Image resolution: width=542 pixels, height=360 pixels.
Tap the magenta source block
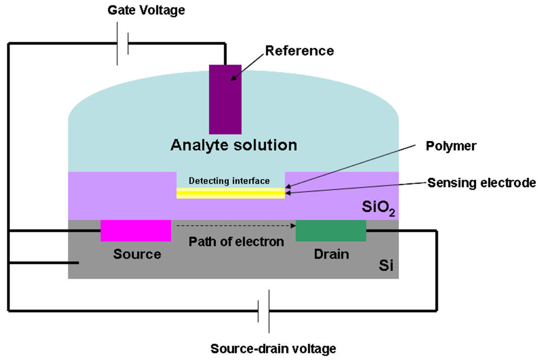click(x=135, y=230)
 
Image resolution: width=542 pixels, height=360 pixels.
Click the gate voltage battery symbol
click(x=122, y=44)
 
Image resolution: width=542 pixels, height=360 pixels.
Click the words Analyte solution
click(x=234, y=145)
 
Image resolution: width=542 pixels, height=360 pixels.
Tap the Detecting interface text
click(x=229, y=181)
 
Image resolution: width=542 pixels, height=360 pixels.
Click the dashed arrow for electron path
click(x=233, y=224)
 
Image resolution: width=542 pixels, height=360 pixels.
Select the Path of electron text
click(x=236, y=241)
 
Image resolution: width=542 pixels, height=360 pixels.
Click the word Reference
click(x=299, y=51)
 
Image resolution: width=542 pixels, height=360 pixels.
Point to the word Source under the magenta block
click(x=137, y=254)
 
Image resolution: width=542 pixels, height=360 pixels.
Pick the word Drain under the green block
click(x=332, y=254)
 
